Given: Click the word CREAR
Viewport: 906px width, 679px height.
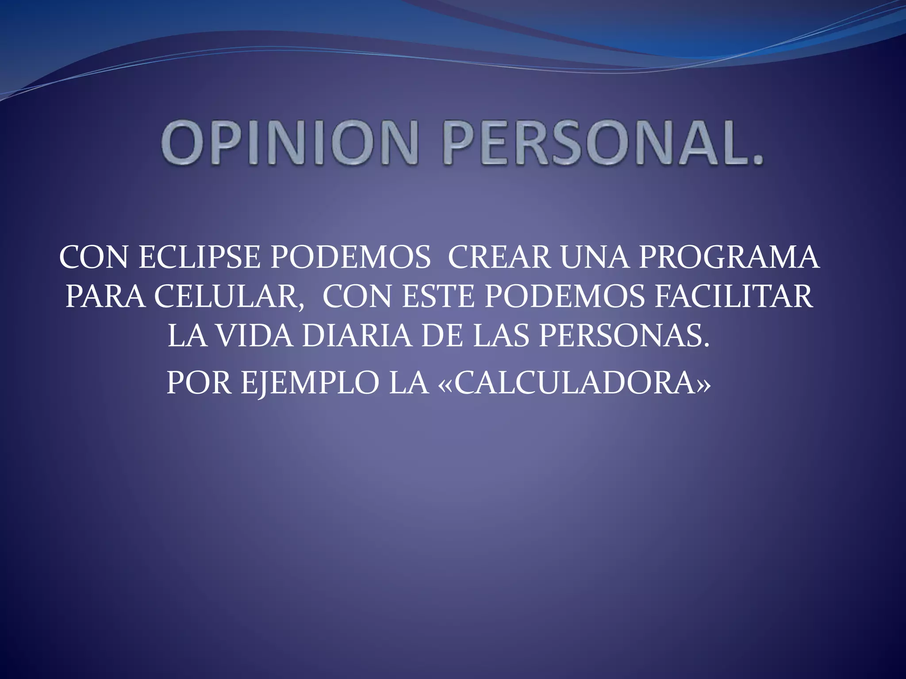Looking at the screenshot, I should click(499, 257).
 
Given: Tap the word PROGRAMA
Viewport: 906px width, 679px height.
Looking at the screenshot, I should click(729, 257).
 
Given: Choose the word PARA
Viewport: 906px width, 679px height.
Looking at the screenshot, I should click(105, 297).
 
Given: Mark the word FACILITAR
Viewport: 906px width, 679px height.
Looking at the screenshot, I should click(733, 297).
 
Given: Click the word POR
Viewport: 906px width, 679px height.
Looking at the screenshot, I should click(199, 383).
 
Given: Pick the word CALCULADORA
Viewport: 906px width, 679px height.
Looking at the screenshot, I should click(575, 383).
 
